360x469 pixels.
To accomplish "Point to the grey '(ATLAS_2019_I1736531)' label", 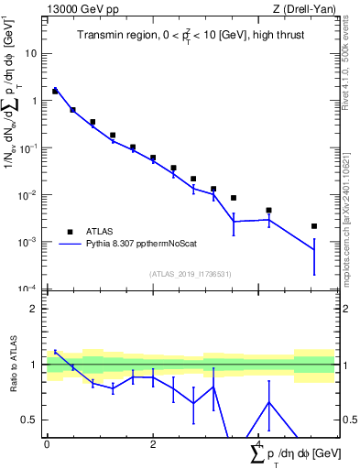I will pyautogui.click(x=190, y=274).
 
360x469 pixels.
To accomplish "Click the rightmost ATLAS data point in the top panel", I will pyautogui.click(x=314, y=226).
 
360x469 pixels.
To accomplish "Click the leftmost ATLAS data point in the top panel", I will pyautogui.click(x=55, y=92).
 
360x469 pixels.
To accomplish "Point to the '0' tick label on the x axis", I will pyautogui.click(x=47, y=444).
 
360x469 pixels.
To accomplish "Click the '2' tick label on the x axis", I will pyautogui.click(x=153, y=444).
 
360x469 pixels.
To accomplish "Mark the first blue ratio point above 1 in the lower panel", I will pyautogui.click(x=55, y=352).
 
